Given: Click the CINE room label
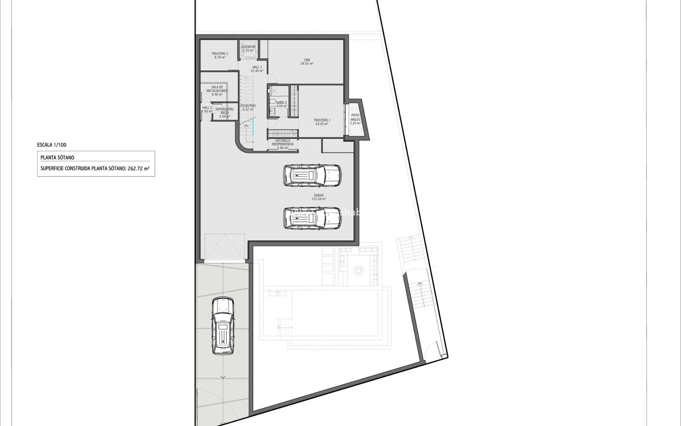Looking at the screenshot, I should [x=307, y=60].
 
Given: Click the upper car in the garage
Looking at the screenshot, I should [x=312, y=175].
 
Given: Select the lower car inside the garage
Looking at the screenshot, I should [x=312, y=218].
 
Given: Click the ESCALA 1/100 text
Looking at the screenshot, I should [x=51, y=145].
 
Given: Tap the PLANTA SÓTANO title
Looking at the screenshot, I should [x=57, y=158].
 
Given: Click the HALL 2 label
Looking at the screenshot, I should [x=207, y=109].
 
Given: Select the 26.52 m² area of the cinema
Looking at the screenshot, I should [x=307, y=64].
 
